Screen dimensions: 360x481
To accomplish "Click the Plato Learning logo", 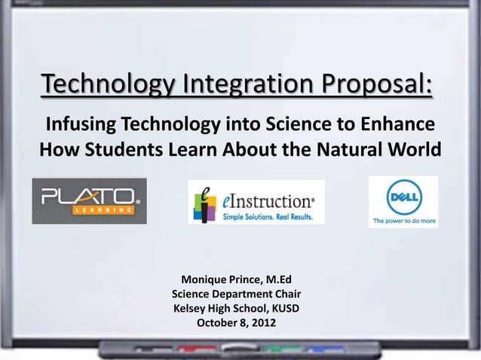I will pos(89,201).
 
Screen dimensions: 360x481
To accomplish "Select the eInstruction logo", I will pos(256,202).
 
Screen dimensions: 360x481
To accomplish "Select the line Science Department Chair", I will pos(237,294).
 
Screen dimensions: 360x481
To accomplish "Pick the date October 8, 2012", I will pos(236,323).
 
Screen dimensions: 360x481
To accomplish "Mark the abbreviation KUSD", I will pos(283,309).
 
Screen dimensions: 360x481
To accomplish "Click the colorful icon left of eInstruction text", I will pos(204,203).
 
